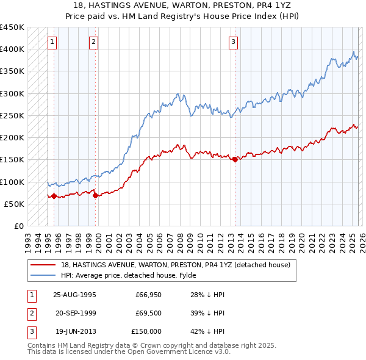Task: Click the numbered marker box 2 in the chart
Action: pyautogui.click(x=93, y=42)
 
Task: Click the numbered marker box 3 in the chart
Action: pyautogui.click(x=233, y=42)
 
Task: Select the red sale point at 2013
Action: pyautogui.click(x=235, y=159)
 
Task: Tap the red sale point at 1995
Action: pyautogui.click(x=54, y=196)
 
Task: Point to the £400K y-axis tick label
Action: pyautogui.click(x=12, y=49)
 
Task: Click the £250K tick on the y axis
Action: pyautogui.click(x=12, y=116)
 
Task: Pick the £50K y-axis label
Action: pyautogui.click(x=15, y=204)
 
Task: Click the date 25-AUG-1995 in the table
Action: pyautogui.click(x=75, y=294)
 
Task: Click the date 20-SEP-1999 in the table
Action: pyautogui.click(x=75, y=313)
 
